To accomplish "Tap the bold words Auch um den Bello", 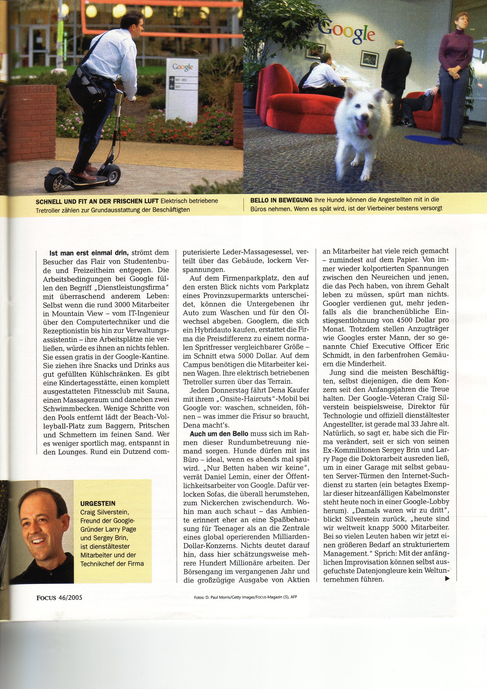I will [219, 434].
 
